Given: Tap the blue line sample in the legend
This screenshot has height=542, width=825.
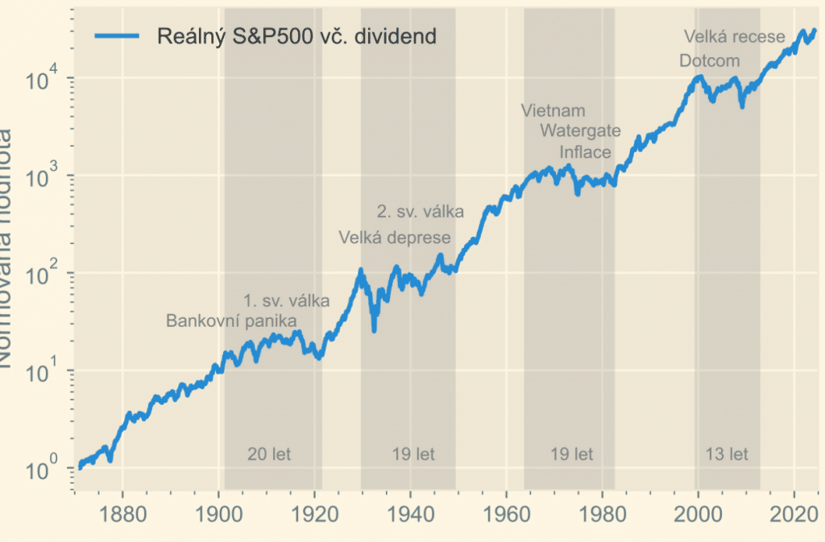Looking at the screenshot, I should (117, 36).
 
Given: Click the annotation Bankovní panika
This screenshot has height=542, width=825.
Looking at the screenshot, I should (226, 321).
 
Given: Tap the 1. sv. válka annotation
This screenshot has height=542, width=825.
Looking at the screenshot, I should (286, 302).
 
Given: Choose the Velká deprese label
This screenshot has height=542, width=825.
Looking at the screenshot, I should (394, 238).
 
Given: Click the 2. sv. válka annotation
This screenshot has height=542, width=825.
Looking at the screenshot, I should (421, 213).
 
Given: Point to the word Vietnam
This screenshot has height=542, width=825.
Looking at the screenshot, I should (553, 111).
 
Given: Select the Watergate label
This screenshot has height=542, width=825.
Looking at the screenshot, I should (580, 130).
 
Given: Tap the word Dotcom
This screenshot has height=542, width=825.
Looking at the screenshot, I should (709, 61).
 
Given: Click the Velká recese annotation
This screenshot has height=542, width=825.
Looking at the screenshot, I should (734, 37).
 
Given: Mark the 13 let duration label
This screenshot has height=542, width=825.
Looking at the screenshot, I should (727, 455).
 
